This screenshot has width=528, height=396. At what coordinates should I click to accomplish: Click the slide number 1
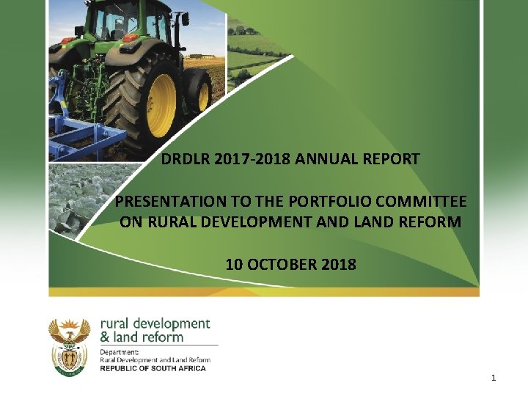point(494,378)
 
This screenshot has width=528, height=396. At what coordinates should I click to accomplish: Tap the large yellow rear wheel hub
point(161,105)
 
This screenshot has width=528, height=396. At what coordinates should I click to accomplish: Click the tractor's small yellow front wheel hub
point(203,96)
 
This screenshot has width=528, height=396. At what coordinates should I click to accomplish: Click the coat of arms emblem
point(69,347)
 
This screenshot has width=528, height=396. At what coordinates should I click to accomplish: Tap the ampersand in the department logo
point(104,337)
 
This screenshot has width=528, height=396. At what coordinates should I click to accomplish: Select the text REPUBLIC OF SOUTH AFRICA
point(153,368)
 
